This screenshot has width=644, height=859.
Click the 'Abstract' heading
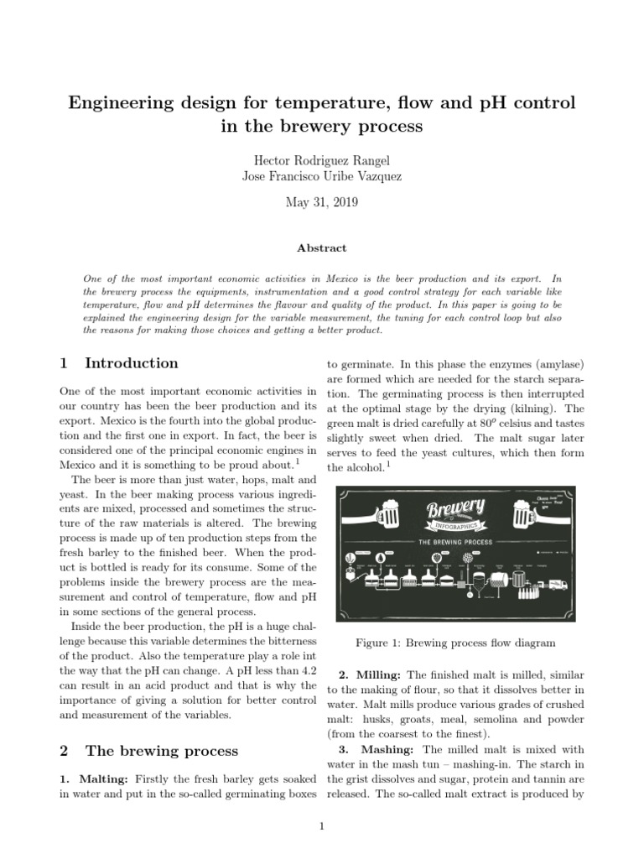(x=321, y=248)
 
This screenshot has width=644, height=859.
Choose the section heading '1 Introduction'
(x=119, y=363)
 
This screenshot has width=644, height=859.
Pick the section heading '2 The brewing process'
(x=148, y=751)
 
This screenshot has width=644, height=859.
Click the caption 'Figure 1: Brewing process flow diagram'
(x=455, y=643)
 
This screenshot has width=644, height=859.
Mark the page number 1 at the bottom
(x=321, y=827)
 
